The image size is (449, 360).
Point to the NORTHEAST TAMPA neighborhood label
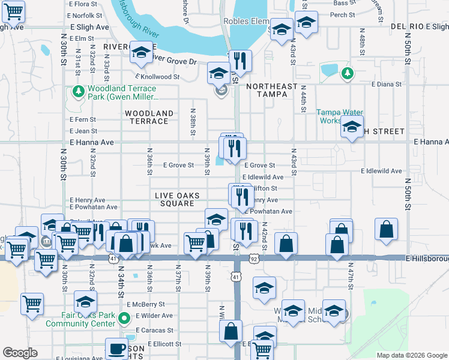272,91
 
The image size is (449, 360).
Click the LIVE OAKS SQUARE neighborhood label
174,199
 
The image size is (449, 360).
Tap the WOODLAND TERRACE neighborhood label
149,117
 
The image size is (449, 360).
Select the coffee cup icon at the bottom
116,349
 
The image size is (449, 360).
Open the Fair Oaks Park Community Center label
88,319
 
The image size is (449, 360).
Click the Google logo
20,353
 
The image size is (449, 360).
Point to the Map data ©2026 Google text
412,355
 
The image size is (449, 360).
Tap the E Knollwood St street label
157,77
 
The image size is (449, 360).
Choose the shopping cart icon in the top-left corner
12,10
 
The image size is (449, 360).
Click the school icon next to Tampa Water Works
352,127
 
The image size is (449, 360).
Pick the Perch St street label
343,15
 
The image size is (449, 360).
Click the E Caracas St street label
154,330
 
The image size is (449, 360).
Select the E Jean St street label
83,131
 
